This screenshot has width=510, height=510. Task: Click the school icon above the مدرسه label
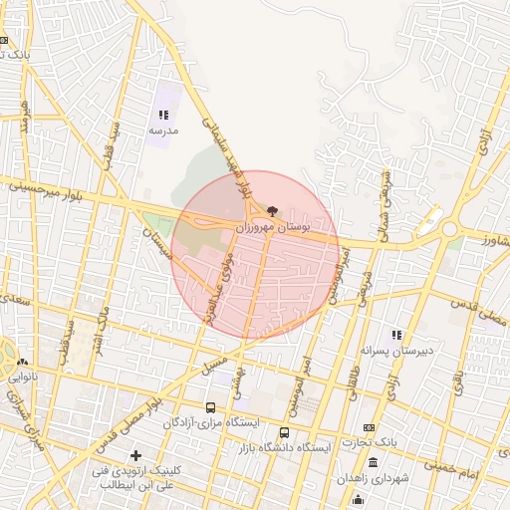click(163, 116)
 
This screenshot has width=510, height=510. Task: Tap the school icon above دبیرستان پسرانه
click(395, 336)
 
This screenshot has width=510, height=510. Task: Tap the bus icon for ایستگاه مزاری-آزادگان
click(210, 407)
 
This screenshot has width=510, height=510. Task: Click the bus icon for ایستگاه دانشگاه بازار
click(285, 432)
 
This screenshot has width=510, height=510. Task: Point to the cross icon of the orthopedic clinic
click(135, 455)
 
